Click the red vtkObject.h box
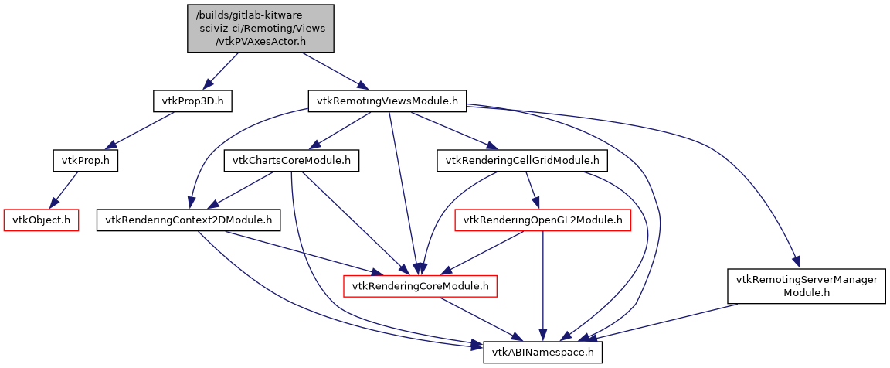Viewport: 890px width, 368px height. pos(42,220)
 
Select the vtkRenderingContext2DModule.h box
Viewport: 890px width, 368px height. pos(188,220)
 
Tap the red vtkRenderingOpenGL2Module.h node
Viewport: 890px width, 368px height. pos(542,220)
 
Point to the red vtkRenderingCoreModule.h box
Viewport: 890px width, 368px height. pos(420,286)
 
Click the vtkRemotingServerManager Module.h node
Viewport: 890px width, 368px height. pos(806,286)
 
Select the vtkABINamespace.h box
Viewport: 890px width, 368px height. pos(542,353)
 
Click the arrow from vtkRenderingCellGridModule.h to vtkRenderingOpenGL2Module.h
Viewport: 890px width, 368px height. pos(532,190)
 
